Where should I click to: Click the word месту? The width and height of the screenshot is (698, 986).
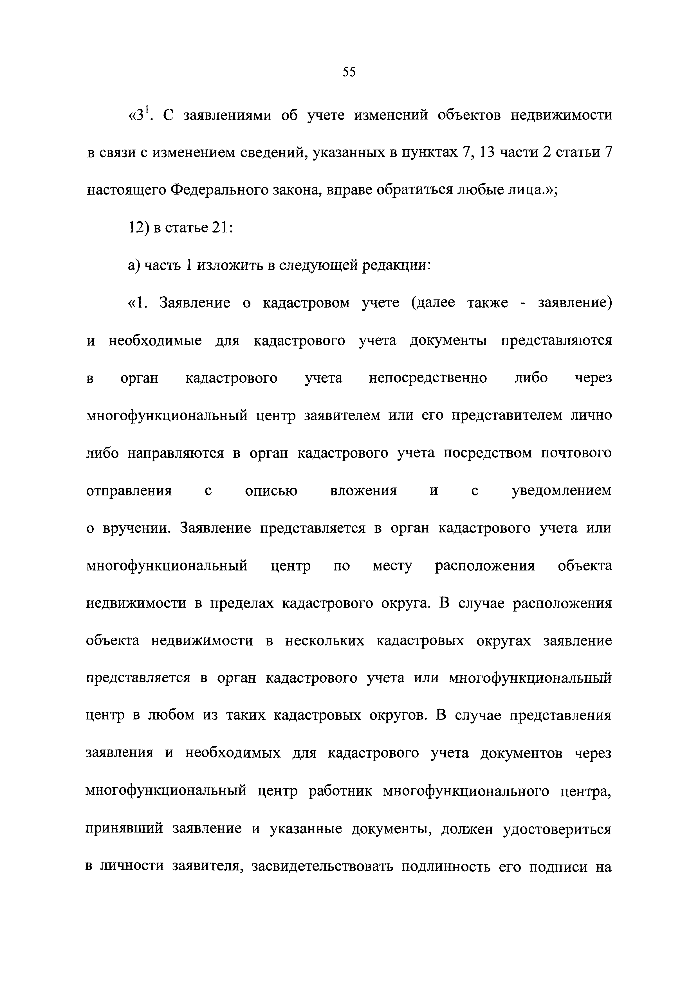[x=392, y=566]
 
